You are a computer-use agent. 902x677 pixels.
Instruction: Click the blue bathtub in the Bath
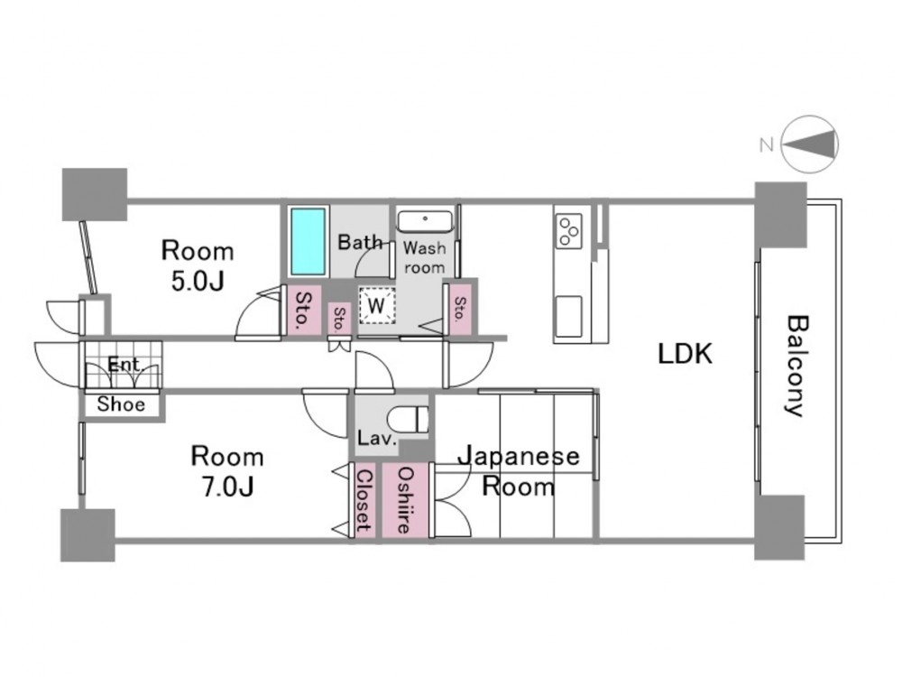(308, 242)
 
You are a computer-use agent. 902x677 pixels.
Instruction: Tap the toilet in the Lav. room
(409, 419)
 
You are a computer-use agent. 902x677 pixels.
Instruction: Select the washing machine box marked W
(377, 304)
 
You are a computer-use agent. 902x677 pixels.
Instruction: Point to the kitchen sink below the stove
(568, 316)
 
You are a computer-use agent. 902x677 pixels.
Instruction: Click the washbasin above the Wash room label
(425, 222)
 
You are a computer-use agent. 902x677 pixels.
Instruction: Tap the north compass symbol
(809, 144)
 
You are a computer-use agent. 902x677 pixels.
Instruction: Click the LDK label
(686, 354)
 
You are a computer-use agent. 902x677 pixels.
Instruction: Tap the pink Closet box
(364, 500)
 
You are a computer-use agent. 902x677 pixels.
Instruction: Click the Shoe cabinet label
(121, 404)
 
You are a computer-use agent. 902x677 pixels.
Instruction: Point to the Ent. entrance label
(124, 365)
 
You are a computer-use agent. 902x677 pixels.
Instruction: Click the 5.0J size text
(198, 282)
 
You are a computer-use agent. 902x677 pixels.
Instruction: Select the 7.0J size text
(227, 487)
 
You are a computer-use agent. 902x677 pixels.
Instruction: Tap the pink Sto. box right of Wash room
(460, 309)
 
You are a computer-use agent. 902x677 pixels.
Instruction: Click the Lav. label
(377, 439)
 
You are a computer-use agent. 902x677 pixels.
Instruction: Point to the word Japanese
(519, 457)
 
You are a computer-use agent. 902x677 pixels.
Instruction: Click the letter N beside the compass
(766, 144)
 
